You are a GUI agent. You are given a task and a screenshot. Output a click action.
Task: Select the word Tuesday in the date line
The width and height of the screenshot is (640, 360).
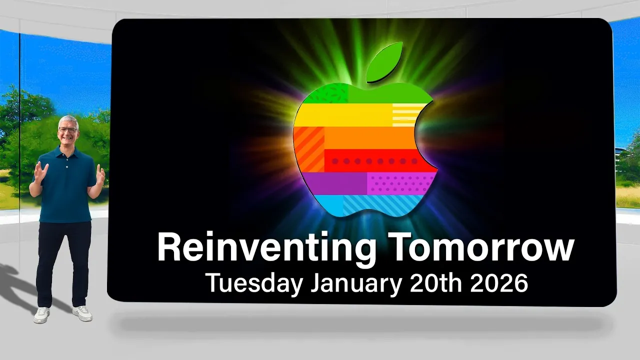click(254, 283)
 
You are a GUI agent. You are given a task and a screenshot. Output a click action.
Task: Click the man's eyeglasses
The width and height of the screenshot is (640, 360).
click(67, 130)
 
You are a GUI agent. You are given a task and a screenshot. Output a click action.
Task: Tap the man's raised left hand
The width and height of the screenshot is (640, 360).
click(100, 174)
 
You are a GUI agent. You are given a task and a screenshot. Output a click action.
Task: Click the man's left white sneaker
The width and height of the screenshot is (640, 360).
click(82, 313)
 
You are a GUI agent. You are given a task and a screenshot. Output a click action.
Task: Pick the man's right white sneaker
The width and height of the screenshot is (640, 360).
click(42, 315)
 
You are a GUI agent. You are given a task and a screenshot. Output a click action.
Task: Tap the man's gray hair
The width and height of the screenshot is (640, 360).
click(67, 120)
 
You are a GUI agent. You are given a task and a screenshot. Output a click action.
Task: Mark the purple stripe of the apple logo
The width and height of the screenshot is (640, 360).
click(335, 183)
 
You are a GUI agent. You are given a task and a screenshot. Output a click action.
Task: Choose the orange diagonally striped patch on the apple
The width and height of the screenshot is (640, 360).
click(308, 148)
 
